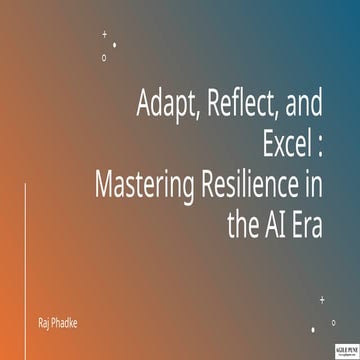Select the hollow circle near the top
pyautogui.click(x=104, y=57)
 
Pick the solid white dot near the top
pyautogui.click(x=115, y=45)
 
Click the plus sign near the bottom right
pyautogui.click(x=322, y=298)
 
